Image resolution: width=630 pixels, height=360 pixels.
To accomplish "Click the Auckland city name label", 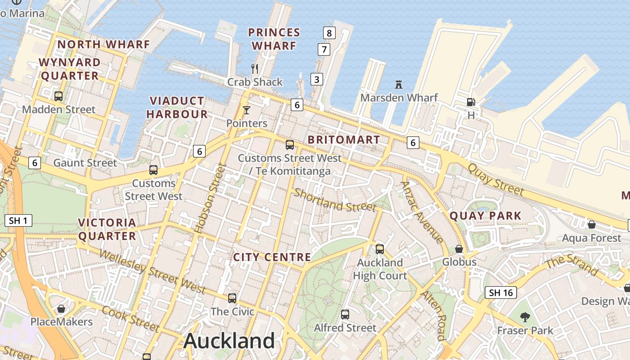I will pyautogui.click(x=229, y=341).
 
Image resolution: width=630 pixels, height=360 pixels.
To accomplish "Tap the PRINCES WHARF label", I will pyautogui.click(x=274, y=39).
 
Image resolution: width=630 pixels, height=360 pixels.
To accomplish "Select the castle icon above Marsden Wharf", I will pyautogui.click(x=398, y=84).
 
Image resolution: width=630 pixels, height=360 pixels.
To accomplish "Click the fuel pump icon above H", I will pyautogui.click(x=471, y=102).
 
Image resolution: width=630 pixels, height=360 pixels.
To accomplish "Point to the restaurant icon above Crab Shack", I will pyautogui.click(x=255, y=69).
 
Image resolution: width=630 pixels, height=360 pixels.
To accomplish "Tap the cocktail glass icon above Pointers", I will pyautogui.click(x=246, y=110).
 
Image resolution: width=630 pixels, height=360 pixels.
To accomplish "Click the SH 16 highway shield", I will pyautogui.click(x=501, y=292).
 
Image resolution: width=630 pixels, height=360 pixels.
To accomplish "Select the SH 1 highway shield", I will pyautogui.click(x=18, y=220).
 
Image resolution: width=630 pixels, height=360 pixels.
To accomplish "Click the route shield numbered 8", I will pyautogui.click(x=329, y=33).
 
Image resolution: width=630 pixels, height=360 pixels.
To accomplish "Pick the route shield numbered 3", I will pyautogui.click(x=317, y=80).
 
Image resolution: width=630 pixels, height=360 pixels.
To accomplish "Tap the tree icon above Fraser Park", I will pyautogui.click(x=525, y=317).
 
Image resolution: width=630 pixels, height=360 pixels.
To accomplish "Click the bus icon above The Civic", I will pyautogui.click(x=232, y=298).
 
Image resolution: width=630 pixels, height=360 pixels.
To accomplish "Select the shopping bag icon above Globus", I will pyautogui.click(x=459, y=249).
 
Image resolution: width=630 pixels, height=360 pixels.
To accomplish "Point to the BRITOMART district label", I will pyautogui.click(x=344, y=139).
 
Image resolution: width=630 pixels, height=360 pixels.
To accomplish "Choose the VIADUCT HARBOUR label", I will pyautogui.click(x=177, y=107).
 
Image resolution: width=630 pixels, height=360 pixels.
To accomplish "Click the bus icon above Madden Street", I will pyautogui.click(x=58, y=96).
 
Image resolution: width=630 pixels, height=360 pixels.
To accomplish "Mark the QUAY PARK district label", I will pyautogui.click(x=486, y=216).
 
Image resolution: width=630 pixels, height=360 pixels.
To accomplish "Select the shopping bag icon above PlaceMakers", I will pyautogui.click(x=61, y=309).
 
